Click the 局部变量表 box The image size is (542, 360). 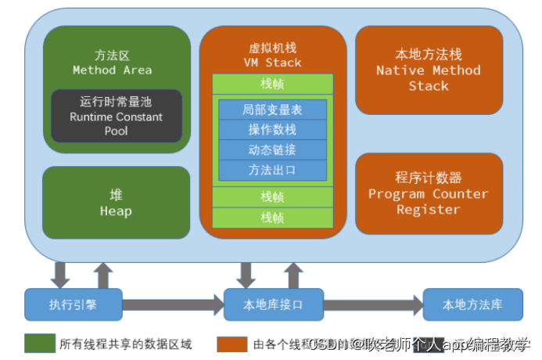[273, 110]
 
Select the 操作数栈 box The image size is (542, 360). [273, 130]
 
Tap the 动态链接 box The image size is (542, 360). [273, 150]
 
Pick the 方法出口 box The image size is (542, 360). [273, 170]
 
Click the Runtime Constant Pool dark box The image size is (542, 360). [116, 116]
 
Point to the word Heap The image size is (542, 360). [116, 211]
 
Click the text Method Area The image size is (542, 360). [116, 70]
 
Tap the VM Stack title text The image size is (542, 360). [272, 63]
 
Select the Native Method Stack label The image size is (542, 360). [429, 78]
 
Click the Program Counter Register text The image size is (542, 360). [429, 202]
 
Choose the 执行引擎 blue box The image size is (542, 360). [73, 304]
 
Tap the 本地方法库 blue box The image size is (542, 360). [472, 304]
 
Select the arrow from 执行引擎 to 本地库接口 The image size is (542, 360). [172, 304]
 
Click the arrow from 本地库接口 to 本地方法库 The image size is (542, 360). [372, 304]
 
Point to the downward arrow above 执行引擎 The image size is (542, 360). [59, 275]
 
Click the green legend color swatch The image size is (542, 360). [38, 344]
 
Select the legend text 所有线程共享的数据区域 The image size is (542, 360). [125, 344]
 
